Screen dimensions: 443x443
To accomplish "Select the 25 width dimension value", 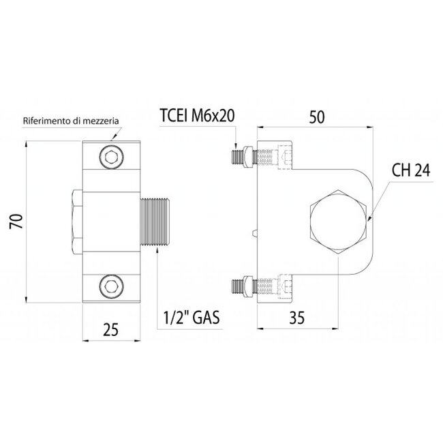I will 111,329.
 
